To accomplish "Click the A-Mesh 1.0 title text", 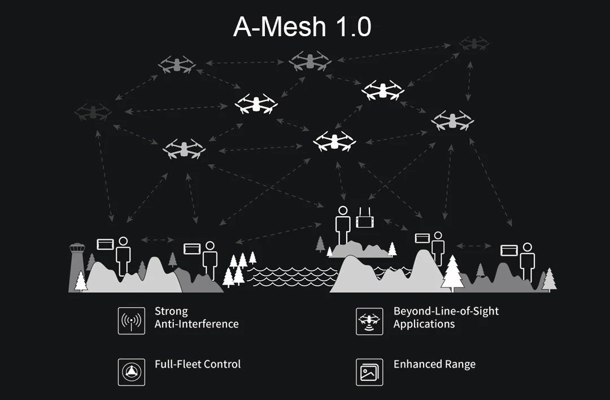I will [x=303, y=27].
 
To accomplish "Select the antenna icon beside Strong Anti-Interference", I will [x=131, y=321].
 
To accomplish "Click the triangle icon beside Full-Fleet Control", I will [x=131, y=372].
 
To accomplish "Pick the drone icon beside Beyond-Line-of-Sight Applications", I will [x=369, y=321].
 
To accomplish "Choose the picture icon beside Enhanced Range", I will [x=369, y=372].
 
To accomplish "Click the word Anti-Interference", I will [x=197, y=324].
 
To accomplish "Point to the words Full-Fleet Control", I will [x=198, y=364].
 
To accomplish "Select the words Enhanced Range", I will [x=434, y=364].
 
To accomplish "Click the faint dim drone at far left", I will [x=93, y=111].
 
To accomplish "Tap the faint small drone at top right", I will [x=473, y=43].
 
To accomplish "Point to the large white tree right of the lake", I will [x=452, y=273].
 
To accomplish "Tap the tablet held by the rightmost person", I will [x=509, y=250].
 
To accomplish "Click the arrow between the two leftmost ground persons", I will [x=156, y=240].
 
